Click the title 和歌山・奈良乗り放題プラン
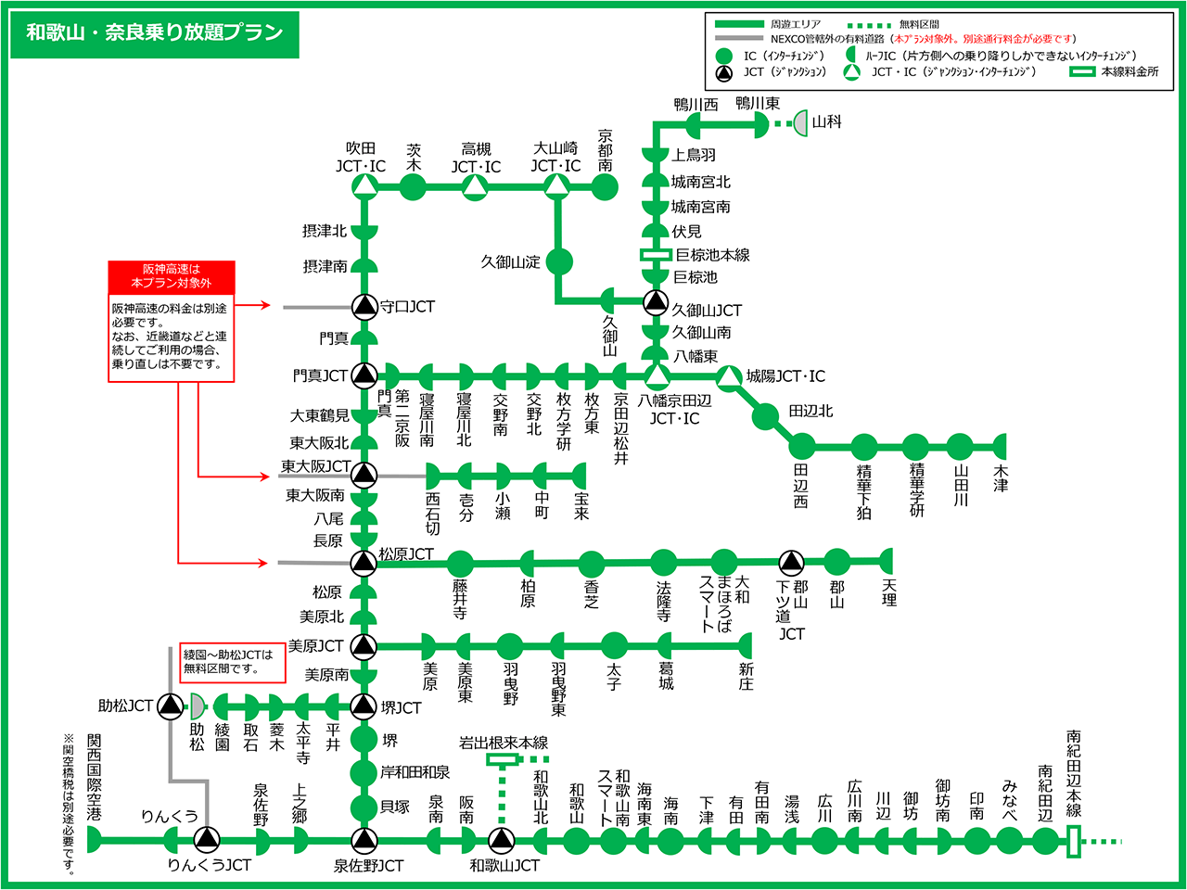tap(154, 33)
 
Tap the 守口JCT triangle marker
tap(364, 307)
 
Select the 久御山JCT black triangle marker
tap(656, 301)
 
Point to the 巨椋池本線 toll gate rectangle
tap(656, 254)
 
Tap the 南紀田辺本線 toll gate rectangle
tap(1074, 842)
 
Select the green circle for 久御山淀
tap(559, 261)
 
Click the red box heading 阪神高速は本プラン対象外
tap(171, 276)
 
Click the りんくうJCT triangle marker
tap(207, 840)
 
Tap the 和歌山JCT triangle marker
tap(502, 840)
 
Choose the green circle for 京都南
tap(605, 187)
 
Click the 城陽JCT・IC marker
tap(730, 376)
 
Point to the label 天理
tap(889, 592)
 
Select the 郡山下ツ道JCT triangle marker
tap(790, 562)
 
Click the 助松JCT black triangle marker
tap(170, 706)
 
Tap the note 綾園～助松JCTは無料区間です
tap(233, 661)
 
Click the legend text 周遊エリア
tap(795, 24)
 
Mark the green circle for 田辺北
tap(765, 416)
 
